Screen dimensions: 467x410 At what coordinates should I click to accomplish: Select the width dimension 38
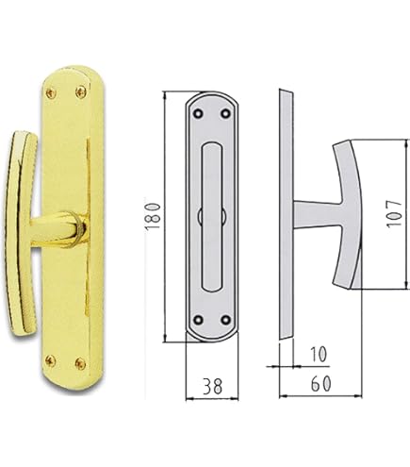212,386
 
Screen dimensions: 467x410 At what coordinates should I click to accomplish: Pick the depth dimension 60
320,386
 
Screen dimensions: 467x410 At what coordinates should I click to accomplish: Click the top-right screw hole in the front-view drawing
226,114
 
